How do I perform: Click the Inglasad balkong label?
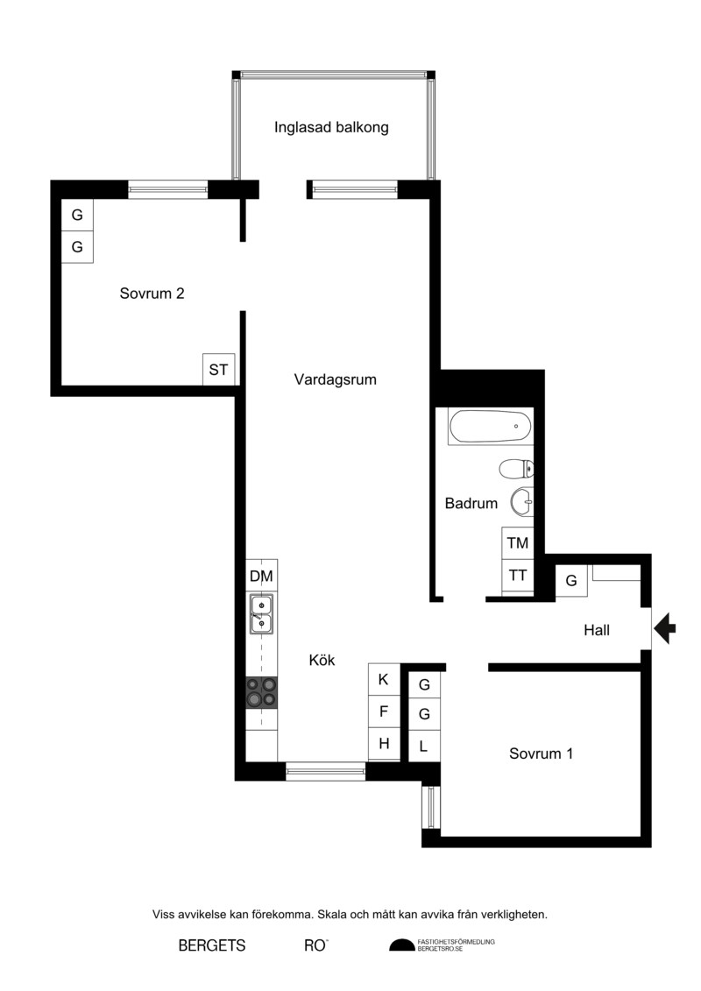pyautogui.click(x=331, y=128)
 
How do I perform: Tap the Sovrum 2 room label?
pyautogui.click(x=152, y=294)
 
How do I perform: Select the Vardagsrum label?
pyautogui.click(x=335, y=380)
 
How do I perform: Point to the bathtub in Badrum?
pyautogui.click(x=490, y=427)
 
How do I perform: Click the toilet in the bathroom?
pyautogui.click(x=516, y=469)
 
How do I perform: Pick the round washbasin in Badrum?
pyautogui.click(x=522, y=502)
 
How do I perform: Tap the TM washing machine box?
pyautogui.click(x=518, y=543)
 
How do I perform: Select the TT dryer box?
pyautogui.click(x=518, y=576)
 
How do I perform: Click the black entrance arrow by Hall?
pyautogui.click(x=664, y=629)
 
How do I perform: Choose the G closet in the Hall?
pyautogui.click(x=571, y=581)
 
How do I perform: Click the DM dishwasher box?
pyautogui.click(x=262, y=576)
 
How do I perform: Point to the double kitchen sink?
pyautogui.click(x=262, y=613)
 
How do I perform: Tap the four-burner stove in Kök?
pyautogui.click(x=262, y=692)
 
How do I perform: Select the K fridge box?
pyautogui.click(x=384, y=679)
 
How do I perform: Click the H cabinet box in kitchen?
pyautogui.click(x=384, y=744)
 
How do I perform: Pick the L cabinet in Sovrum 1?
pyautogui.click(x=424, y=746)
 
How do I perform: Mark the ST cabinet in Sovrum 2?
pyautogui.click(x=219, y=370)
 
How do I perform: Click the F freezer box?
pyautogui.click(x=384, y=711)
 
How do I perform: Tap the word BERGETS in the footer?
pyautogui.click(x=212, y=945)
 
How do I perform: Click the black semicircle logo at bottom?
pyautogui.click(x=401, y=945)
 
